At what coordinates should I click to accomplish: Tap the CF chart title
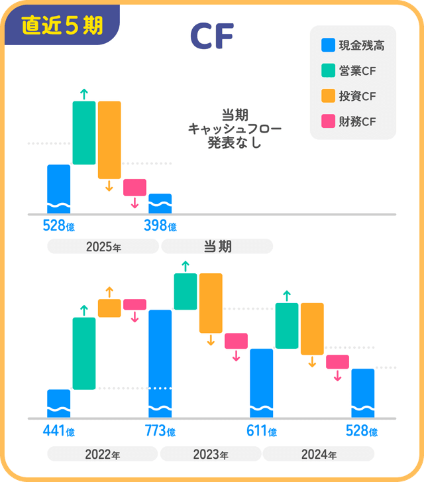211,37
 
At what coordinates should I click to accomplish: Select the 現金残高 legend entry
352,46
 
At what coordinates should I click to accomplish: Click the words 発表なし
235,142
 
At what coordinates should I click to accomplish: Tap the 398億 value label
160,226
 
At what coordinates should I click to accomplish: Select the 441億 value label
58,432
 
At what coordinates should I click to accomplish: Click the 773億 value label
160,432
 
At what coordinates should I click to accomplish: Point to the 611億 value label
261,432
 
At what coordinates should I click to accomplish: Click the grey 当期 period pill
217,247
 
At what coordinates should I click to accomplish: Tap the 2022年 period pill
103,455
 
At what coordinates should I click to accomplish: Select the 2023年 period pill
211,455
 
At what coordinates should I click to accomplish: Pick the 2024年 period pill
319,455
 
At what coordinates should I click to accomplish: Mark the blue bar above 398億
160,204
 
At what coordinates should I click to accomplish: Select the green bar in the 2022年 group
84,353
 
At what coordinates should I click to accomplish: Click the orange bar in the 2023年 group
211,303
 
